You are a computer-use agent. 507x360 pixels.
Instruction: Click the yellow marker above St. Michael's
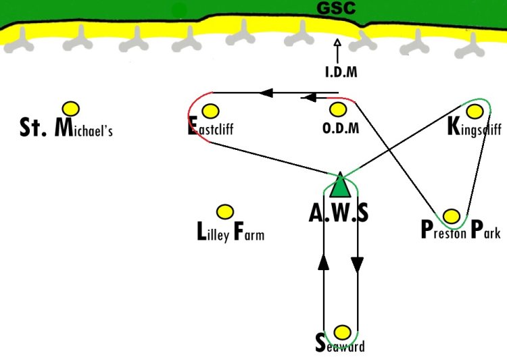tap(71, 109)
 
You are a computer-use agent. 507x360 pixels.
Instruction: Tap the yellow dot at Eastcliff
tap(210, 111)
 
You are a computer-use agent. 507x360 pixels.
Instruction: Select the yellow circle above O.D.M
tap(338, 109)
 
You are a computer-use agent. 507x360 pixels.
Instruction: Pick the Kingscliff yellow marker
tap(475, 111)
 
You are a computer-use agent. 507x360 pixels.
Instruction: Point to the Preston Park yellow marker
tap(452, 216)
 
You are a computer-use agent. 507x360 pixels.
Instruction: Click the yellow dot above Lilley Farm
tap(225, 212)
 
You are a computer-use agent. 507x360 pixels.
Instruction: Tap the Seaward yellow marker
tap(342, 332)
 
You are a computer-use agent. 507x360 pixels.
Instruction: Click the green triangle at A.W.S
tap(340, 186)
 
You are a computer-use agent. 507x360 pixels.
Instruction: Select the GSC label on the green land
tap(336, 8)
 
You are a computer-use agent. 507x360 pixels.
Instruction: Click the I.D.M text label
tap(341, 72)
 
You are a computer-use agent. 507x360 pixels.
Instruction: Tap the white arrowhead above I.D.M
tap(337, 43)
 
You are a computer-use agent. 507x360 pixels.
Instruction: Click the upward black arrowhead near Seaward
tap(324, 261)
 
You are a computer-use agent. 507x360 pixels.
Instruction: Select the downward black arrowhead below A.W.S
tap(358, 265)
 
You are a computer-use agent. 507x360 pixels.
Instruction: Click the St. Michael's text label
tap(66, 128)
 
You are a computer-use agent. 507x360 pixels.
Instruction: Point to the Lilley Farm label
tap(231, 232)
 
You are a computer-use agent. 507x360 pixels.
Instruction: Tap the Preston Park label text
tap(461, 230)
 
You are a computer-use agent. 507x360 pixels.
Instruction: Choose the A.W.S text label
tap(339, 213)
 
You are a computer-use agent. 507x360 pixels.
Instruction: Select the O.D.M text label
tap(341, 128)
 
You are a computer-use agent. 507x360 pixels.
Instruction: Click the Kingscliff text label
tap(475, 127)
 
